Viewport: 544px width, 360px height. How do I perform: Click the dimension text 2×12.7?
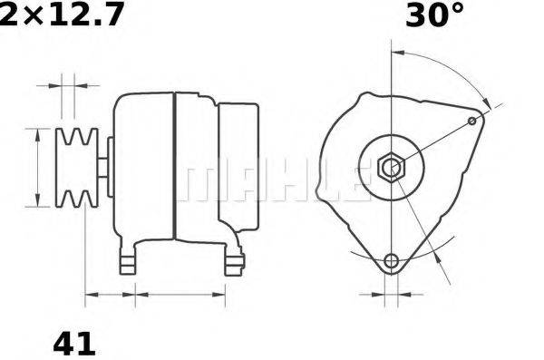pos(62,15)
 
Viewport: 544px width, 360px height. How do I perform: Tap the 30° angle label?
pos(434,15)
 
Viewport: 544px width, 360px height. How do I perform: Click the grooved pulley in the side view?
pos(78,168)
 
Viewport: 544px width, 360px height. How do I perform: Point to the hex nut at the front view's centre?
pos(391,168)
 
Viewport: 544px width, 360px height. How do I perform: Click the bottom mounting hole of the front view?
pos(391,262)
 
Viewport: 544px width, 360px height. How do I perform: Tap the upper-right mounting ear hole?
pos(472,121)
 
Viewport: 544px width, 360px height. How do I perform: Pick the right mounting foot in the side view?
pos(236,262)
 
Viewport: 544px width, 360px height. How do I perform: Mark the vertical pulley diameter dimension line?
pos(37,168)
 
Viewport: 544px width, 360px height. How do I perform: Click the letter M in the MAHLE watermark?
pos(195,184)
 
